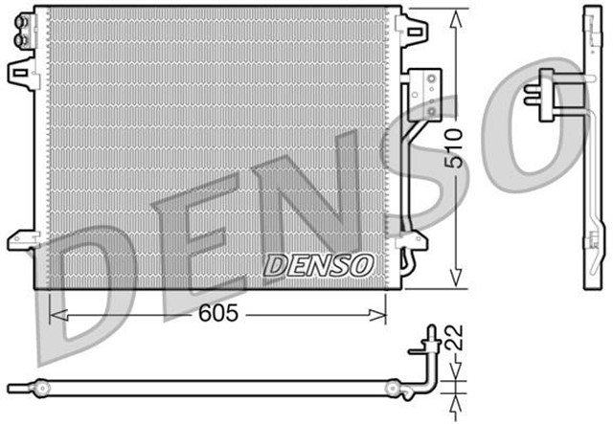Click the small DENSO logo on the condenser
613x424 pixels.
tap(317, 263)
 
